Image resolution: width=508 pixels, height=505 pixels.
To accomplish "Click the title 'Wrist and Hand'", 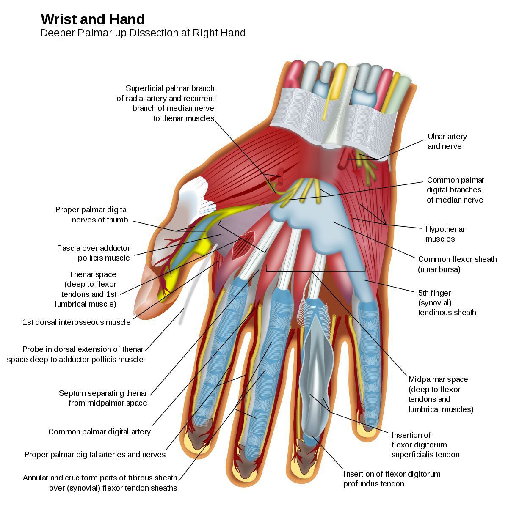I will [93, 19].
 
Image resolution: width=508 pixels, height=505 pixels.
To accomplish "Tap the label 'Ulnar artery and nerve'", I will [447, 141].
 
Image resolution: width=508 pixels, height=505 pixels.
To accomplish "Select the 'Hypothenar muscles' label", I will [445, 234].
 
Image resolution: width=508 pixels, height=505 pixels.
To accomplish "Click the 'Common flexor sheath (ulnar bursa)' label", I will [457, 264].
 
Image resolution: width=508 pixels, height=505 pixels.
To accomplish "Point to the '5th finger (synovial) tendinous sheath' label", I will [447, 302].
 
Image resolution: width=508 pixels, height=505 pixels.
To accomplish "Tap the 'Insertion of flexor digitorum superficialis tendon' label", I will [425, 445].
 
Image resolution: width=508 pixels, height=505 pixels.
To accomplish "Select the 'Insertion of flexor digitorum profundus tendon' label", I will [392, 479].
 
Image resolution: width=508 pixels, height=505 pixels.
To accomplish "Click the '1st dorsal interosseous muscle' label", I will [77, 322].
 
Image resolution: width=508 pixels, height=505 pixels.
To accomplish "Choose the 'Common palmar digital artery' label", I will [99, 432].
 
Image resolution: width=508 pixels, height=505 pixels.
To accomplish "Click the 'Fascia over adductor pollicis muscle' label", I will [94, 253].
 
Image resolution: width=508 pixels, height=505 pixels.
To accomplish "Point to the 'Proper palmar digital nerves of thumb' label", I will [91, 214].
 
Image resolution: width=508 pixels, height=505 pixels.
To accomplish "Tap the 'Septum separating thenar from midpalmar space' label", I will [103, 398].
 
